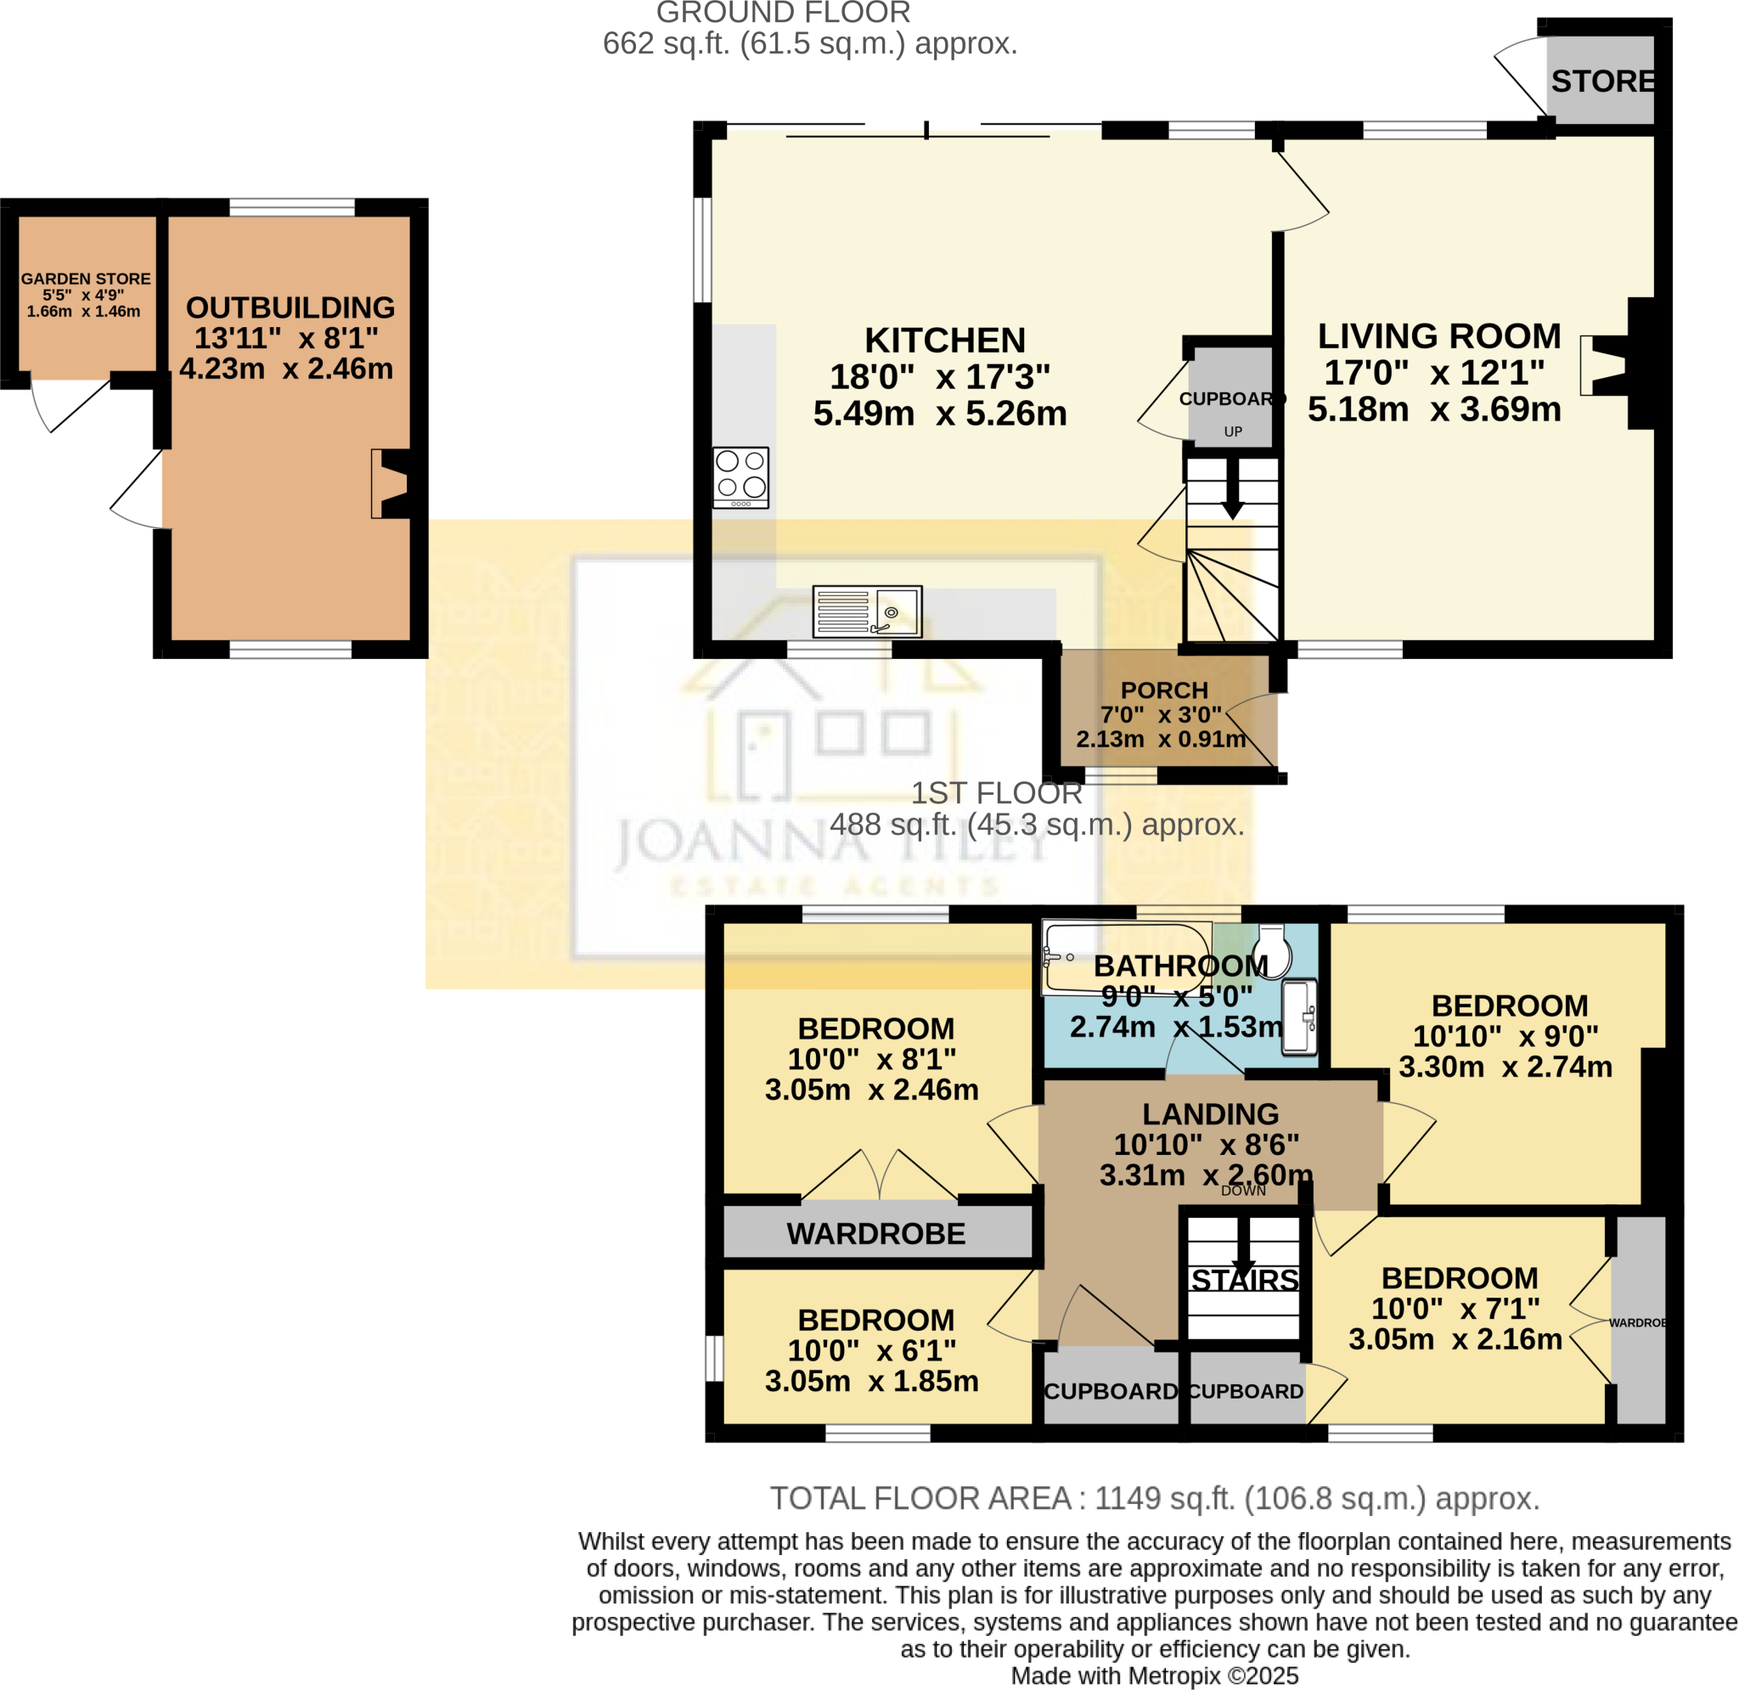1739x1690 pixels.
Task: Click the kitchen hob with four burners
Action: (x=740, y=477)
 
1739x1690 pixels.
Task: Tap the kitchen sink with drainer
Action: (x=867, y=611)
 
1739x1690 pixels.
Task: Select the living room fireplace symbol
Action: (x=1606, y=365)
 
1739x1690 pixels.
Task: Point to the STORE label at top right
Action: (x=1601, y=82)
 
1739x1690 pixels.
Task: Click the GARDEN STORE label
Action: (x=85, y=279)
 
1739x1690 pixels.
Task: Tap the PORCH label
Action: (x=1163, y=690)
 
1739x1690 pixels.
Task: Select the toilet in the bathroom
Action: (x=1272, y=951)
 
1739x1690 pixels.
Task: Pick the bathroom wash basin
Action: (x=1299, y=1017)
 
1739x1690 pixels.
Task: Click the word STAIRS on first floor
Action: (x=1244, y=1280)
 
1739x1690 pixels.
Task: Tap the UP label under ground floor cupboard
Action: (x=1232, y=432)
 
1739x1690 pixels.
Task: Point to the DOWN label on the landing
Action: (x=1242, y=1191)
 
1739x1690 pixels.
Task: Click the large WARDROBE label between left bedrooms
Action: (x=875, y=1234)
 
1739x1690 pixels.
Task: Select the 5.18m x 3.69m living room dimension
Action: (x=1434, y=410)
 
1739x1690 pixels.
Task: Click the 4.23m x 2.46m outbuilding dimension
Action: (x=285, y=369)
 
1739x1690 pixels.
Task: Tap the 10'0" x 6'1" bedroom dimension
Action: (x=871, y=1351)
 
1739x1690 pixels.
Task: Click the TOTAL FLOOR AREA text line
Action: (x=1154, y=1499)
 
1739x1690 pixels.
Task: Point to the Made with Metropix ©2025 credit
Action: (x=1154, y=1676)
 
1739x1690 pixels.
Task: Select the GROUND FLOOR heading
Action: (x=783, y=13)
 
